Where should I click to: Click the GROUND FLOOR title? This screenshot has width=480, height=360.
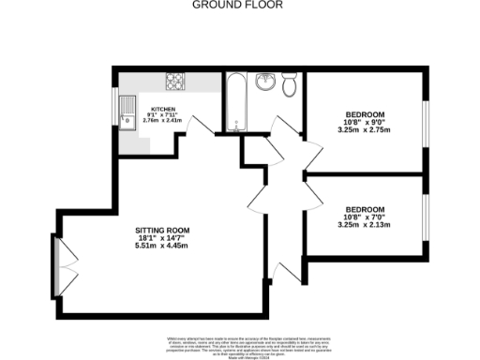tap(238, 5)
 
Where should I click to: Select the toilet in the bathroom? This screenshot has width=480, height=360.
tap(290, 85)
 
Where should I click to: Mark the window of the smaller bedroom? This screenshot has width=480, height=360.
tap(424, 216)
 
